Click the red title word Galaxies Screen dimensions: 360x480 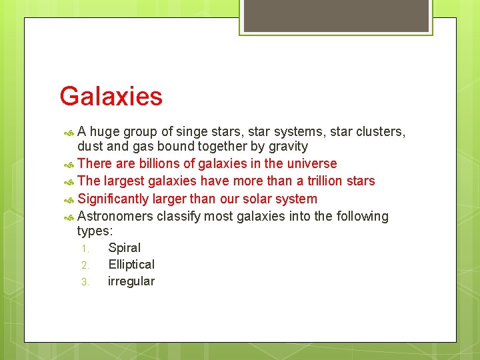click(x=111, y=97)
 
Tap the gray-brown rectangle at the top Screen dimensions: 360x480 click(x=336, y=15)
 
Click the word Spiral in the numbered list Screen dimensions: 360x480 click(x=124, y=248)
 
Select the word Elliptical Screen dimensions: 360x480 click(x=131, y=265)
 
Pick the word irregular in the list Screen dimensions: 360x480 click(x=131, y=281)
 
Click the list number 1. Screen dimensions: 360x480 click(x=85, y=249)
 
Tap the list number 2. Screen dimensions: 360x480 click(x=85, y=265)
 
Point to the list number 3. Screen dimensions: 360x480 click(x=85, y=282)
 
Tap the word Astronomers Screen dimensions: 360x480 click(x=115, y=217)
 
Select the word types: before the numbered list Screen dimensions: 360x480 click(x=95, y=231)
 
